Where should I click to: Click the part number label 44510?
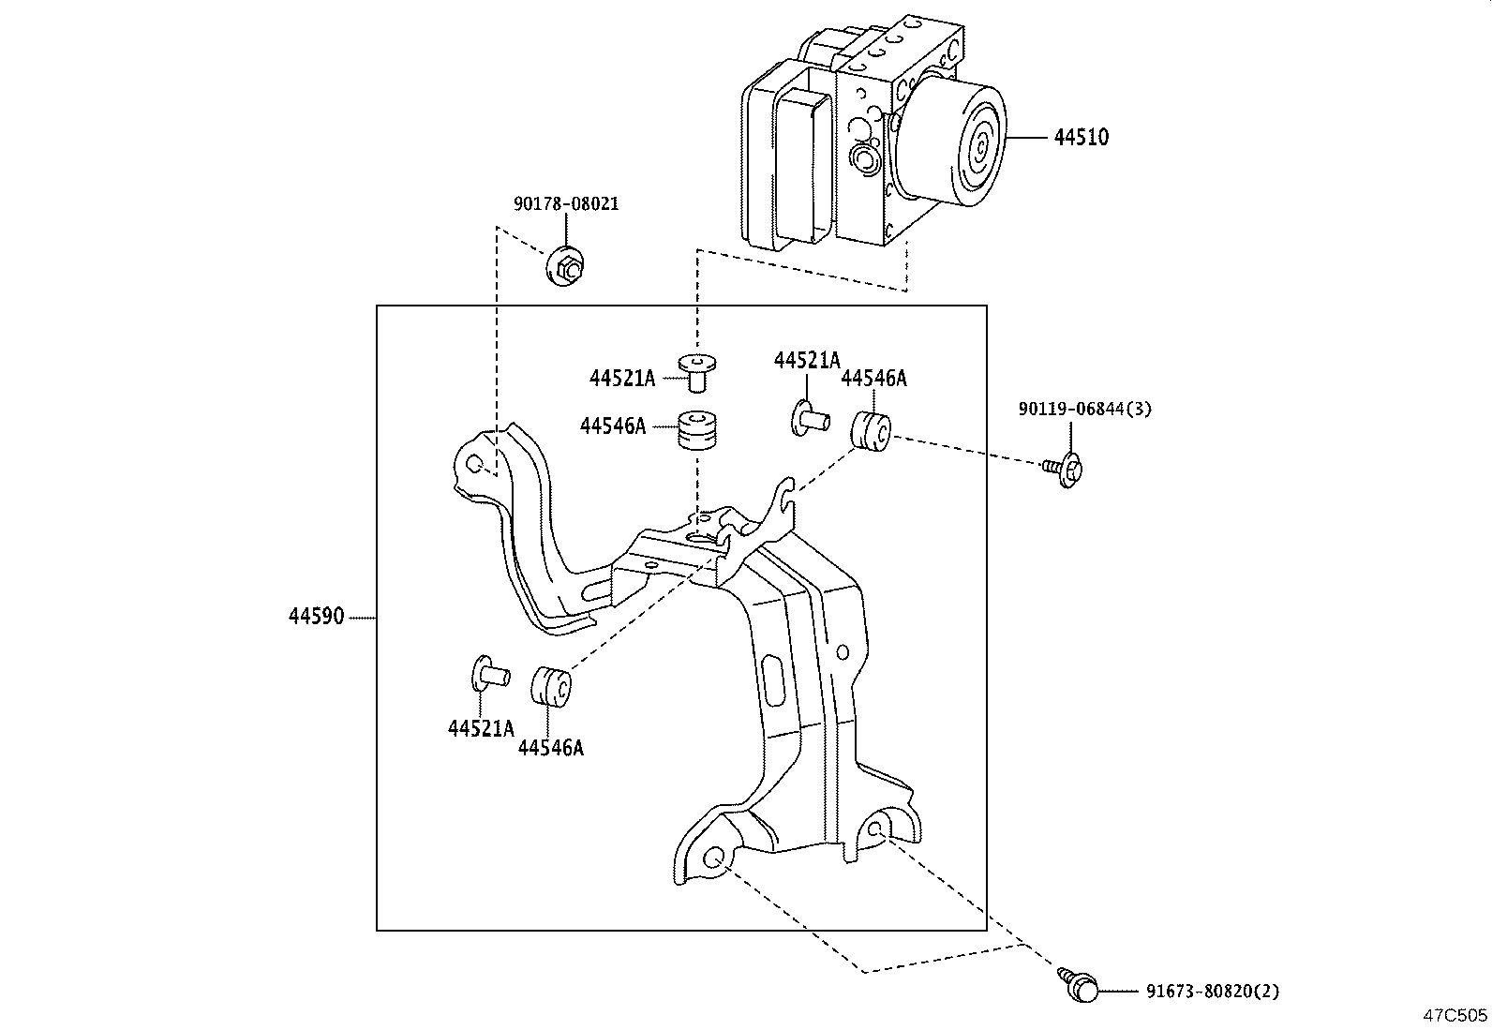click(x=1081, y=137)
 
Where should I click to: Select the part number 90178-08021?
click(x=566, y=203)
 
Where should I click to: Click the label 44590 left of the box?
click(x=316, y=617)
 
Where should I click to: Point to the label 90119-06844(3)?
click(x=1084, y=409)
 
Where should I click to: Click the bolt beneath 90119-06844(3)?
click(x=1065, y=467)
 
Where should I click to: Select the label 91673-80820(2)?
click(x=1212, y=991)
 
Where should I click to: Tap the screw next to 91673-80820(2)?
click(x=1080, y=987)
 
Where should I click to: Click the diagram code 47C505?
click(x=1455, y=1014)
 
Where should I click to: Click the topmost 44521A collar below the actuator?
click(x=694, y=370)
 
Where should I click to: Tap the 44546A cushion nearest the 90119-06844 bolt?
click(x=870, y=430)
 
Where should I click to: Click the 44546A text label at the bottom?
click(x=550, y=748)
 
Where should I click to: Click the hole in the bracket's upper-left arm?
click(x=474, y=463)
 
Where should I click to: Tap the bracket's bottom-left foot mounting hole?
click(x=715, y=857)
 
